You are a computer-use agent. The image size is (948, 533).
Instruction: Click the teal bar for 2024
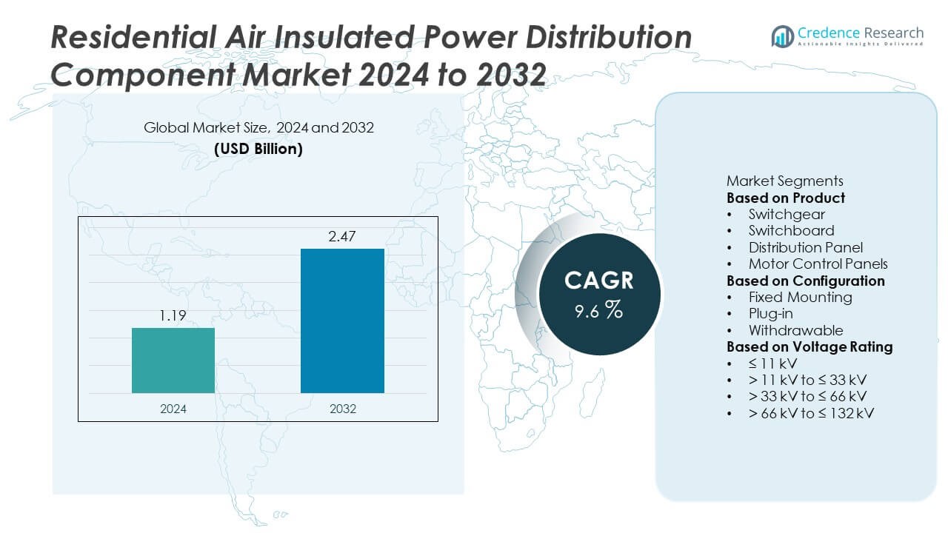(173, 360)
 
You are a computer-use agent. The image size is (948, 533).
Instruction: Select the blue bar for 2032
(342, 320)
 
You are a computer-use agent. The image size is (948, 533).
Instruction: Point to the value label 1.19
(173, 316)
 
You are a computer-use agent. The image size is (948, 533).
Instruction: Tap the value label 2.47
(341, 237)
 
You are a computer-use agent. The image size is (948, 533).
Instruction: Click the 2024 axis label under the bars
(173, 409)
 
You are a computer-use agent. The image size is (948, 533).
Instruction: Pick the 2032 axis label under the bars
(341, 409)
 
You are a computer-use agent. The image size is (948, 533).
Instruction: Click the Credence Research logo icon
(782, 35)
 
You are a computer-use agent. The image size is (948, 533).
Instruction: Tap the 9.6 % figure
(598, 310)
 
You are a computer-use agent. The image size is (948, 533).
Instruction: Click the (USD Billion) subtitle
(258, 148)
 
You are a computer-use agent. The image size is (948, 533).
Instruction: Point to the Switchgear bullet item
(787, 214)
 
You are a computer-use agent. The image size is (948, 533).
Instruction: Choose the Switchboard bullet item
(791, 230)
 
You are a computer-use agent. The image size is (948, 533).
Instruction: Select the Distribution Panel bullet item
(805, 247)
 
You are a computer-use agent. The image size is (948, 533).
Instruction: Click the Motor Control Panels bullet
(818, 264)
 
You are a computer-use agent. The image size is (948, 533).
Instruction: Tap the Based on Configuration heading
(805, 281)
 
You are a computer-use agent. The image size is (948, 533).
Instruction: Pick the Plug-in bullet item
(771, 313)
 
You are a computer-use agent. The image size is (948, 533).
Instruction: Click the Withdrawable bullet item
(795, 330)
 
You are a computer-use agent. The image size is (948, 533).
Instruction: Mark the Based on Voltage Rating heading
(810, 346)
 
